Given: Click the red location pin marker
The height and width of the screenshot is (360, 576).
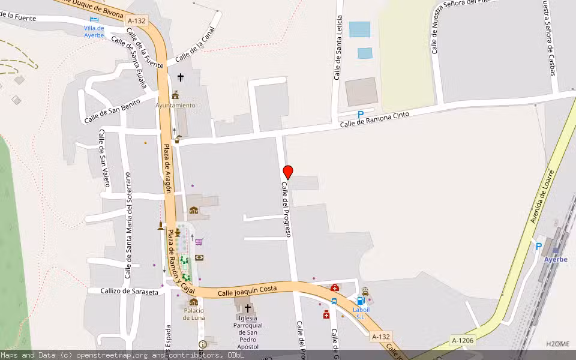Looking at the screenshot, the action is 288,172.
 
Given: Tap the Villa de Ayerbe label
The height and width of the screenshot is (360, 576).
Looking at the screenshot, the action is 94,31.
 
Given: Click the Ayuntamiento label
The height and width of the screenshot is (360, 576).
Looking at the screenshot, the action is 175,105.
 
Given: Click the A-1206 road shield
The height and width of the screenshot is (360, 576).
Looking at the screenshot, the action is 463,341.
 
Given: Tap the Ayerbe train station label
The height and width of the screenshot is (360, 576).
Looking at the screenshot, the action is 556,259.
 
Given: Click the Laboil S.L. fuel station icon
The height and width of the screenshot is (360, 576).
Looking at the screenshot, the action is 360,301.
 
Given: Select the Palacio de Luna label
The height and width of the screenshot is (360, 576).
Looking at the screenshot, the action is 194,314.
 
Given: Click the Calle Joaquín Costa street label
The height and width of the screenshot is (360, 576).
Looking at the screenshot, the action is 247,290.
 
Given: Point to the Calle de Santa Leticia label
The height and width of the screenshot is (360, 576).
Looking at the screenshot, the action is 338,47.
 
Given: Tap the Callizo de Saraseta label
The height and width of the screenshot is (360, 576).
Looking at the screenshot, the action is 123,292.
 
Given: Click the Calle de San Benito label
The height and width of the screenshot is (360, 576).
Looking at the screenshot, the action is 112,110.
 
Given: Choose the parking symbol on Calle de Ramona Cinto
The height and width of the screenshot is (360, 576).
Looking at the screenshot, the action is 360,114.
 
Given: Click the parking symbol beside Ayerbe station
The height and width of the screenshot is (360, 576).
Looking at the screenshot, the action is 538,245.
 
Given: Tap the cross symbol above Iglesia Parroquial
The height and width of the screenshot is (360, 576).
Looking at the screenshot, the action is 247,308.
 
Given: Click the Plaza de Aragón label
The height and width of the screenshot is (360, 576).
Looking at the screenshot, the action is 167,171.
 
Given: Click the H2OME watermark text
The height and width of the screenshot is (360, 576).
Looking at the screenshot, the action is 557,344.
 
